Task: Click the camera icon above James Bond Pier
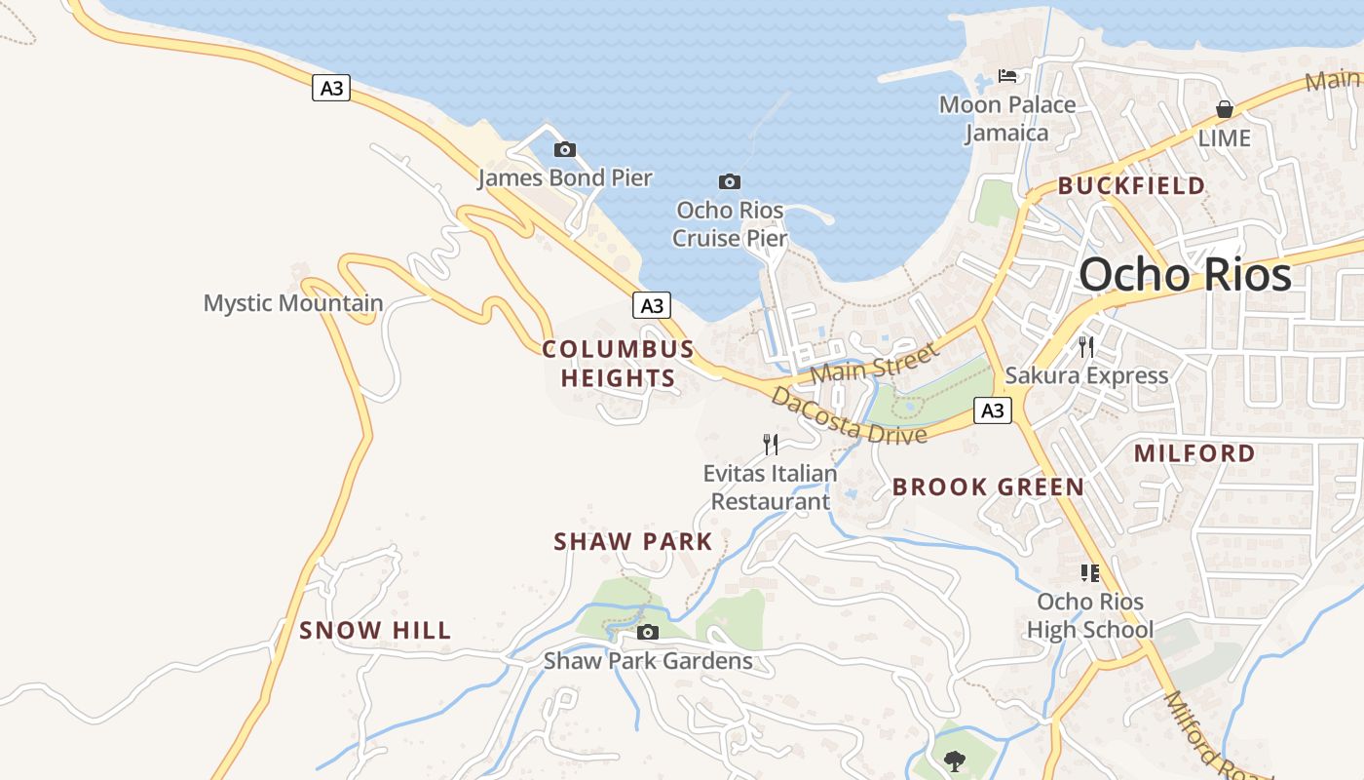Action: tap(564, 149)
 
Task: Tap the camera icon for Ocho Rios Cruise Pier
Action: tap(729, 181)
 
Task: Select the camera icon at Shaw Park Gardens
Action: tap(647, 632)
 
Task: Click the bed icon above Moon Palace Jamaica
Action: tap(1007, 76)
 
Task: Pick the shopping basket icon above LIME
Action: tap(1225, 109)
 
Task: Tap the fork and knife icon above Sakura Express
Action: tap(1086, 346)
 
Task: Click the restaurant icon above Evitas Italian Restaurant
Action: tap(771, 445)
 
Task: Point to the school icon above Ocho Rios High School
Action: tap(1089, 573)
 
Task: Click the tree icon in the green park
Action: tap(954, 760)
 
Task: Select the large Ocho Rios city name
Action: tap(1185, 274)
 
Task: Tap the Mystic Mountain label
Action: tap(293, 302)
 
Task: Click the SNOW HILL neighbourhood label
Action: tap(375, 630)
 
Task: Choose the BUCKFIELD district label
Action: tap(1131, 185)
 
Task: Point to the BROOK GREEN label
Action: tap(988, 487)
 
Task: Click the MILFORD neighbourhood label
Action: tap(1194, 452)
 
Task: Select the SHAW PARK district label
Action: tap(633, 541)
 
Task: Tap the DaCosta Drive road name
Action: tap(848, 416)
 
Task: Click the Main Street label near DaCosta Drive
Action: tap(873, 363)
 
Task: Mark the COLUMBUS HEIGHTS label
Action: tap(618, 363)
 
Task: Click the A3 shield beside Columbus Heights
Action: tap(652, 305)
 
